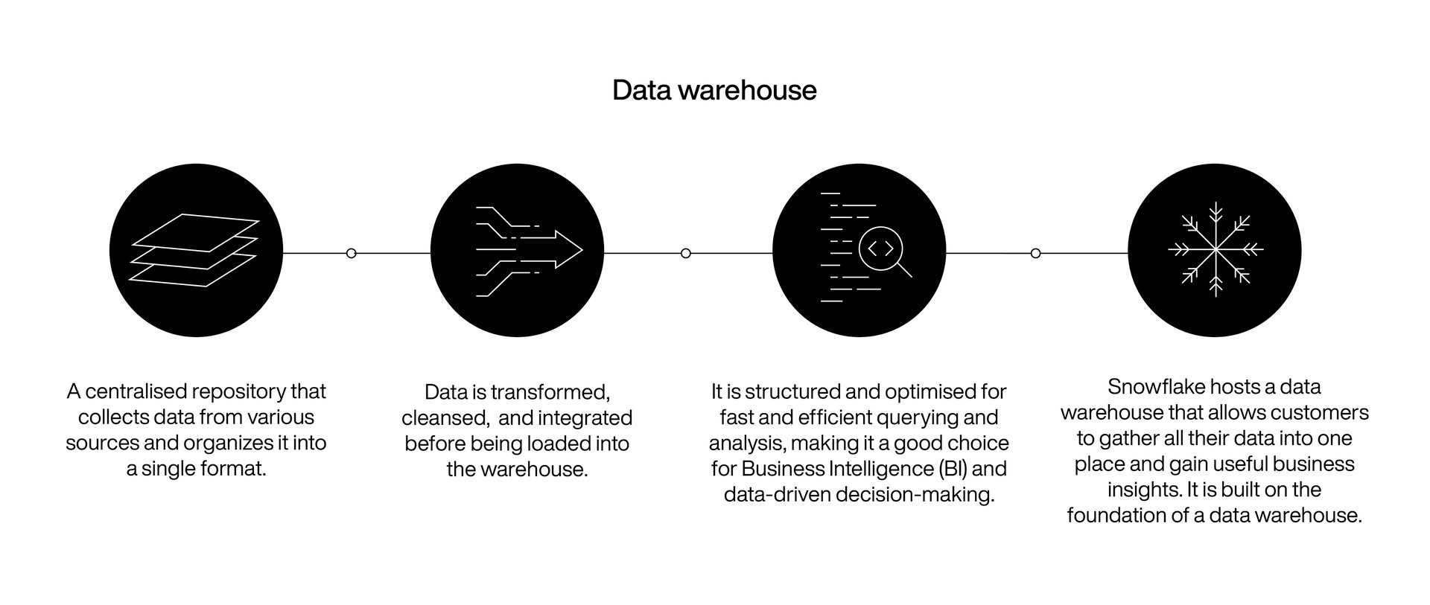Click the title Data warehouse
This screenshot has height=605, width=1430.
tap(714, 90)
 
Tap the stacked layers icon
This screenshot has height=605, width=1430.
tap(195, 250)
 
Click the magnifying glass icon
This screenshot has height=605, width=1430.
tap(883, 251)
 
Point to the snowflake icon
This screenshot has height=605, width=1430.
tap(1215, 250)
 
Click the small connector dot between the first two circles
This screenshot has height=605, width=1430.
tap(352, 254)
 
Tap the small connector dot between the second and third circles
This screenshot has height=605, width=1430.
tap(686, 254)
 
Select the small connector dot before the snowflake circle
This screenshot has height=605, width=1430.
tap(1035, 254)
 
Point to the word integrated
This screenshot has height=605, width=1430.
tap(585, 418)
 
